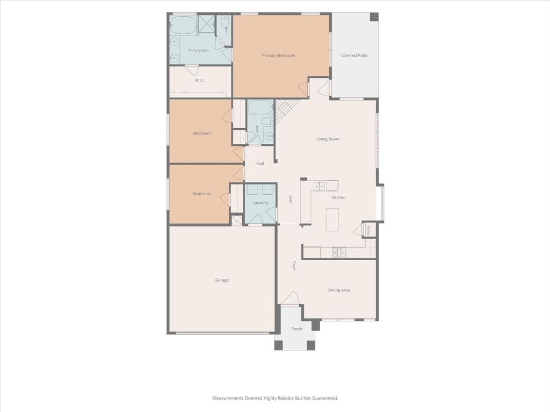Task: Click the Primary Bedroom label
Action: click(x=279, y=55)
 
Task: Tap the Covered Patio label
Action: click(x=354, y=55)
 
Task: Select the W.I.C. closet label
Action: click(x=200, y=80)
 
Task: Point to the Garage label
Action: click(x=222, y=280)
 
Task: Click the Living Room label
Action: click(x=328, y=139)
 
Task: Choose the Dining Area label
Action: click(x=338, y=290)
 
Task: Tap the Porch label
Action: click(x=296, y=329)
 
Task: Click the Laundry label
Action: click(x=260, y=203)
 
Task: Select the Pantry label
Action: click(x=368, y=230)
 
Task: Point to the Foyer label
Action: click(x=294, y=265)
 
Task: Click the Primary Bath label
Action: click(x=198, y=50)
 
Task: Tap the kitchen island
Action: click(x=332, y=219)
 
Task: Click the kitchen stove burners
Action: click(x=339, y=252)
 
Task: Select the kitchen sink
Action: click(x=319, y=186)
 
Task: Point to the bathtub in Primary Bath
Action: click(x=183, y=25)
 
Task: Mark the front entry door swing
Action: click(x=290, y=298)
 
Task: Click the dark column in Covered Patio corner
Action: click(x=374, y=17)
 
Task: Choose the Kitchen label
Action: click(x=338, y=197)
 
